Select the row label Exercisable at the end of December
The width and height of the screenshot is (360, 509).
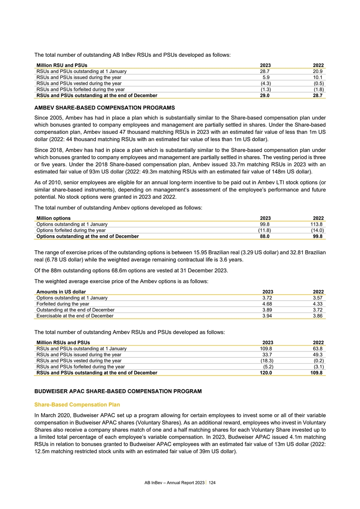(x=75, y=316)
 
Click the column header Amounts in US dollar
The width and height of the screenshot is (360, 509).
(x=61, y=292)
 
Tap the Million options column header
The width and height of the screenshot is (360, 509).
(x=53, y=218)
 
